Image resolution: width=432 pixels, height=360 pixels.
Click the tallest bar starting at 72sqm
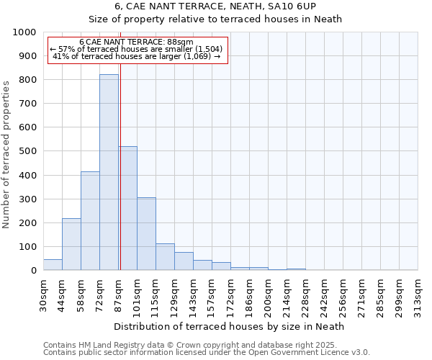point(109,173)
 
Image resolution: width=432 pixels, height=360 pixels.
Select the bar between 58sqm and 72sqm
point(90,221)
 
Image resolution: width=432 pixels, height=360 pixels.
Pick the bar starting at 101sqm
point(146,234)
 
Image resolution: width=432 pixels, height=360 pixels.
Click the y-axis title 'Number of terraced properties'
point(6,154)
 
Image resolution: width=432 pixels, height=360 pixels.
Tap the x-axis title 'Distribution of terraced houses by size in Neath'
point(230,326)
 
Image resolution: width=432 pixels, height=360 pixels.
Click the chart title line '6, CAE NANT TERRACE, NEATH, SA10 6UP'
point(230,6)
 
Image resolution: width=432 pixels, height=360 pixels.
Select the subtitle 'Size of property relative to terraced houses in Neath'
point(230,19)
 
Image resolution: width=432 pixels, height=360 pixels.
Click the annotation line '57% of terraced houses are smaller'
point(138,49)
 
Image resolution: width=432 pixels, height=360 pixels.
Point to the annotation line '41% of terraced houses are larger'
point(138,56)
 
